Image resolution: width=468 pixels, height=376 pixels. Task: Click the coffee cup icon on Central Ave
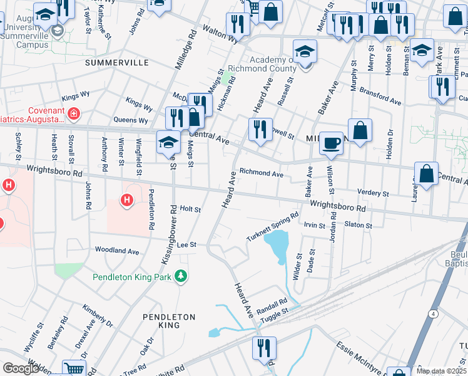tap(331, 142)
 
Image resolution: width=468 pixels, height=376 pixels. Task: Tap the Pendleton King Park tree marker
tap(181, 276)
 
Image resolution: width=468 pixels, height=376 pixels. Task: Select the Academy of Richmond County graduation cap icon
tap(305, 51)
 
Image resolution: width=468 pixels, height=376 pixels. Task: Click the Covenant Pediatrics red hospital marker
tap(74, 113)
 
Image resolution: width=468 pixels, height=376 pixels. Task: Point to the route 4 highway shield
tap(432, 312)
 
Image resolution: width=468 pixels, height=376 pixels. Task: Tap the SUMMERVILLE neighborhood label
tap(117, 63)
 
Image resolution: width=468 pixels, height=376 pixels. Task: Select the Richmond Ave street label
tap(262, 173)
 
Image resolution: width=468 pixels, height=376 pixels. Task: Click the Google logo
tap(21, 368)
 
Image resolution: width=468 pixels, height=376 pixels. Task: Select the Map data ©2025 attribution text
tap(441, 371)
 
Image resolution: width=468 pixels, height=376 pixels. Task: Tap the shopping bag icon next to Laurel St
tap(426, 174)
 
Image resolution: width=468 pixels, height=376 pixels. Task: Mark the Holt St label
tap(190, 209)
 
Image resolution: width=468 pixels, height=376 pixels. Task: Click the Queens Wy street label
tap(130, 120)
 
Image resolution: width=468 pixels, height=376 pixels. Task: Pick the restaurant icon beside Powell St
tap(260, 129)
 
